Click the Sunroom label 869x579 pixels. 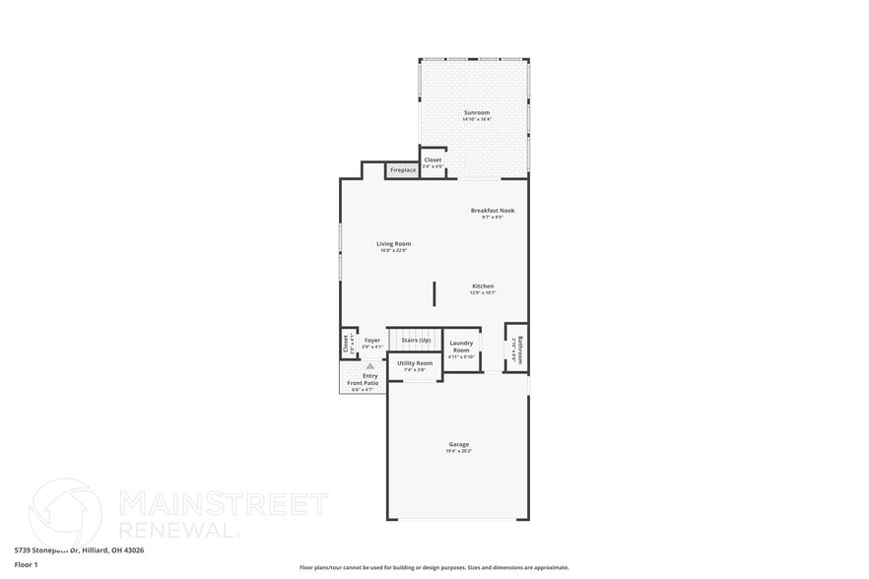tap(477, 113)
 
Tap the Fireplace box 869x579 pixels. tap(403, 170)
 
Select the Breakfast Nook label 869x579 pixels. tap(492, 211)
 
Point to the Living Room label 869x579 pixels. tap(393, 244)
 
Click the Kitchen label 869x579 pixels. tap(483, 287)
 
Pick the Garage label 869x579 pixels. tap(459, 444)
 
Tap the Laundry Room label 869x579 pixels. tap(461, 347)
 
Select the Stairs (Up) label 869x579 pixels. tap(416, 340)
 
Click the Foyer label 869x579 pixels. tap(371, 341)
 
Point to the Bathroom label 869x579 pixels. tap(521, 348)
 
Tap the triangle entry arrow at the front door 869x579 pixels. tap(371, 365)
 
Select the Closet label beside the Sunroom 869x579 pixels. tap(434, 160)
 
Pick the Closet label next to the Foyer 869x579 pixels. tap(346, 343)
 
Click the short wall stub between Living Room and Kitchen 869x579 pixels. tap(434, 293)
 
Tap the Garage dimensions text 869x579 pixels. tap(459, 451)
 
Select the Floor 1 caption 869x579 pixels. tap(27, 564)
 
